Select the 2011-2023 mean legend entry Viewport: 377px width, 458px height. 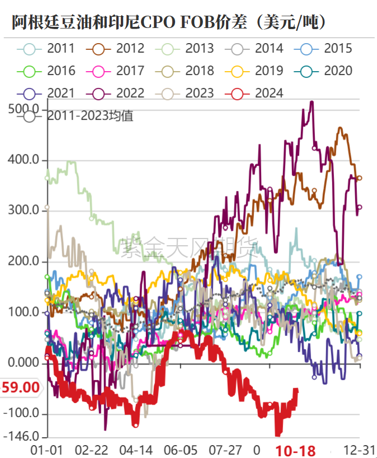[78, 116]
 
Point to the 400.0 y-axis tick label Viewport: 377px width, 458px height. [25, 160]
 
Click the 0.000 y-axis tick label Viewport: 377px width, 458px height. [25, 363]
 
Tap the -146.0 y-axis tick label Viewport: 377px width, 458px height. [22, 436]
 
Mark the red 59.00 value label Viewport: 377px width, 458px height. [21, 387]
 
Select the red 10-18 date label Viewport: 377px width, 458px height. [295, 450]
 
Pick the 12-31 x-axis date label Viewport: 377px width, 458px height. [357, 450]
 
